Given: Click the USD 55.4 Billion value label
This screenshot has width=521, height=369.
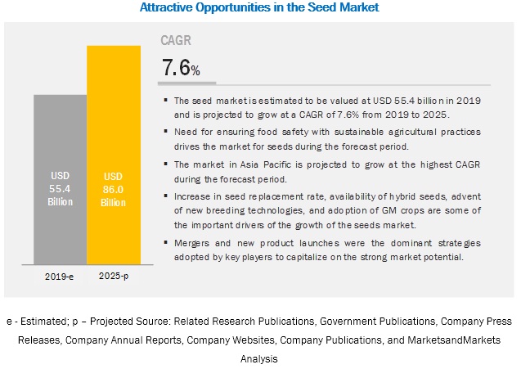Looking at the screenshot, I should (x=59, y=188).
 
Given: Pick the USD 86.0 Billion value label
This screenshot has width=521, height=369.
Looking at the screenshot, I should (x=114, y=188).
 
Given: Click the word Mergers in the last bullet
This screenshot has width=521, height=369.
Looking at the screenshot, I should (x=194, y=243).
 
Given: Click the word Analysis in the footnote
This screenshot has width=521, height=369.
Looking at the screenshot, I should (x=260, y=358).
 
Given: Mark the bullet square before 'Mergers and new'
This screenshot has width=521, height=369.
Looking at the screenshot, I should (x=167, y=243).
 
